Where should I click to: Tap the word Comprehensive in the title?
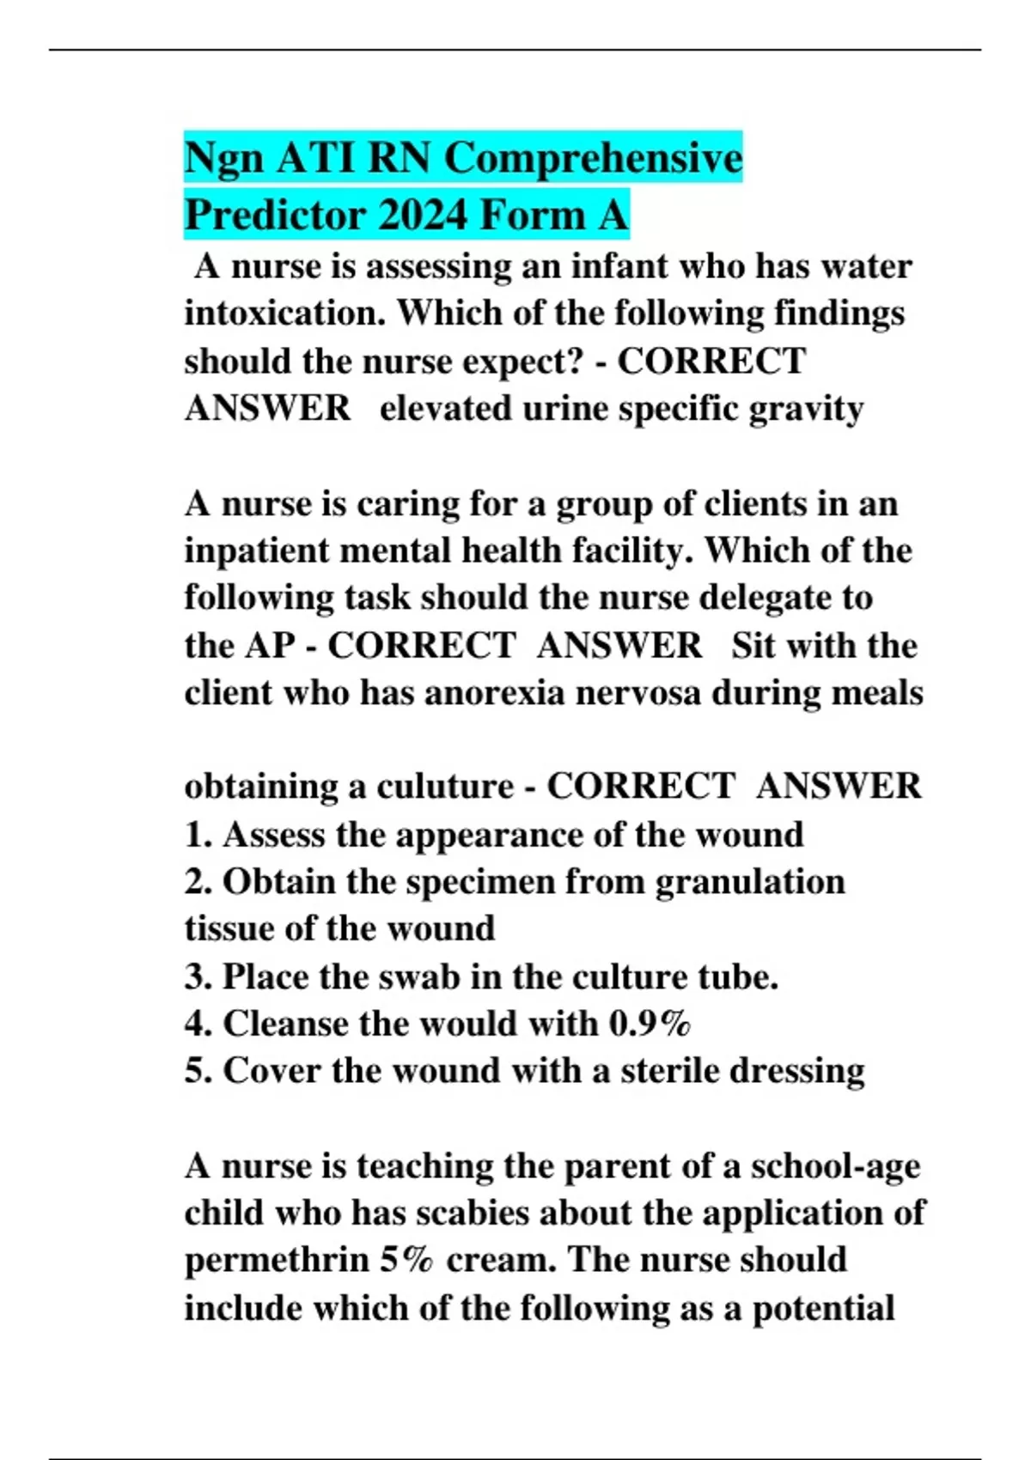pos(593,159)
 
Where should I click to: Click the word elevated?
pos(445,409)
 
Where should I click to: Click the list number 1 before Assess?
pos(196,836)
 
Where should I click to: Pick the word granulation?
pos(750,882)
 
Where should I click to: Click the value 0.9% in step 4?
pos(650,1024)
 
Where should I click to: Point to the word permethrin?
pos(277,1261)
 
